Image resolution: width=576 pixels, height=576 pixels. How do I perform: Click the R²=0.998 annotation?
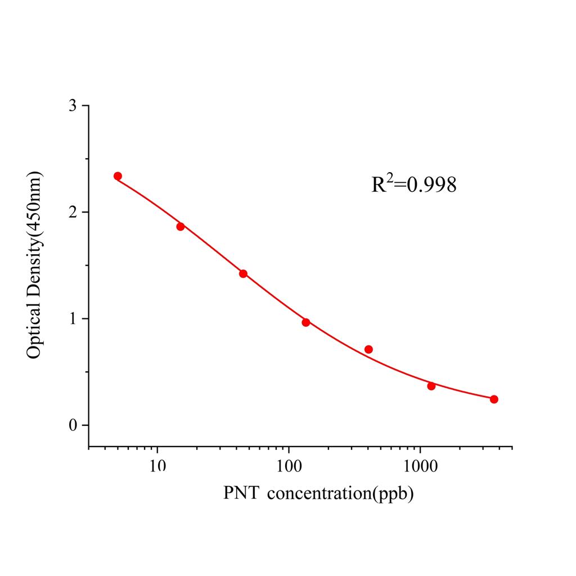coord(413,184)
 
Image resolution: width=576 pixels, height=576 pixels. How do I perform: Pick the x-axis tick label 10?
coord(157,466)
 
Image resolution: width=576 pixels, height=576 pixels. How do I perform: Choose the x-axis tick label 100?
coord(289,466)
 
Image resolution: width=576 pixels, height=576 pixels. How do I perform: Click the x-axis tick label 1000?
coord(420,466)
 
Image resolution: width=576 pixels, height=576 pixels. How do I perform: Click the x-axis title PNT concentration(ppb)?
coord(318,493)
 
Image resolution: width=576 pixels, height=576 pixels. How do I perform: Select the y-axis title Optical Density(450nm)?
coord(35,266)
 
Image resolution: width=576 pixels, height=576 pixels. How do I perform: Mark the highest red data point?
coord(118,176)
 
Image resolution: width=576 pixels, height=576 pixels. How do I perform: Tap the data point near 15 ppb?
coord(181,227)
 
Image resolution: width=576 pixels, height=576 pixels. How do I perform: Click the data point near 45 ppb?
coord(243,274)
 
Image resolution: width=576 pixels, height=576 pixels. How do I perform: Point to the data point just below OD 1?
coord(306,322)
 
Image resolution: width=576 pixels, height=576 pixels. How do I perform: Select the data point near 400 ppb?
coord(368,349)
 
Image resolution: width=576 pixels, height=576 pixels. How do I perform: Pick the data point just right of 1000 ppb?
coord(431,386)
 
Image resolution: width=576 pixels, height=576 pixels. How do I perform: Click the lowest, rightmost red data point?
coord(494,399)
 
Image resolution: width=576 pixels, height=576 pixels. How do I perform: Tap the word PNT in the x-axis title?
coord(241,493)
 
